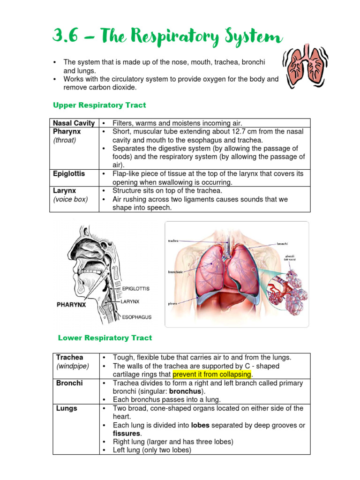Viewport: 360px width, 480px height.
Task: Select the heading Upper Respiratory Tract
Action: (99, 105)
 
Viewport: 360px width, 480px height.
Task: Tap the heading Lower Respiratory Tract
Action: (105, 337)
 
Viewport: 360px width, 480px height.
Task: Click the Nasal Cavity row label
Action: (74, 123)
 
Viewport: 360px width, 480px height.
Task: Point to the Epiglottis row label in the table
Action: (69, 173)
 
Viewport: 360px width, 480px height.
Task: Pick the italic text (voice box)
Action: (70, 199)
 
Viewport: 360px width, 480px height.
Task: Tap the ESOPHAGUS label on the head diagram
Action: (137, 317)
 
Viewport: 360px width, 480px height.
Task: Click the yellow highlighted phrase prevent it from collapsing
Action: (212, 375)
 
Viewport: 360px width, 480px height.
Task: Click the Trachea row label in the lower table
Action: (69, 358)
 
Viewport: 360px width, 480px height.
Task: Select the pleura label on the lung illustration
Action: (172, 304)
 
